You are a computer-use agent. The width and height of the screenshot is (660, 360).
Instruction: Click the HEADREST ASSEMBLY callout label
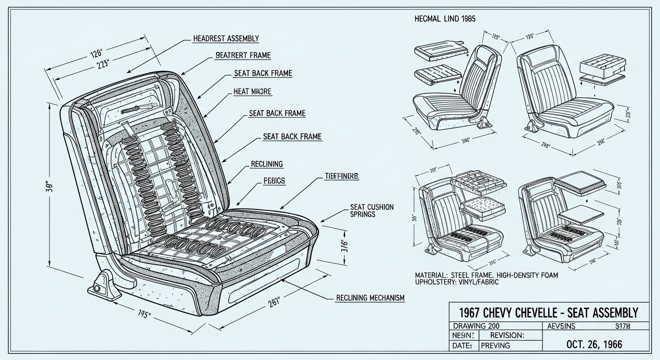[226, 38]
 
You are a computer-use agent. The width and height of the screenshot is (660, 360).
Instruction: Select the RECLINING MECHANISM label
[370, 298]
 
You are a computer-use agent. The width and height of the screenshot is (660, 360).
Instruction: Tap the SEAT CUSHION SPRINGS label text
[372, 210]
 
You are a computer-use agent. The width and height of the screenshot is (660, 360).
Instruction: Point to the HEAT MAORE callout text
[252, 92]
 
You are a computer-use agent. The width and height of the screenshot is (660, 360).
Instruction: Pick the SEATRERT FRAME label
[243, 55]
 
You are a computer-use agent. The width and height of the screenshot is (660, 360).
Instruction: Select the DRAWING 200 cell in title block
[476, 326]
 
